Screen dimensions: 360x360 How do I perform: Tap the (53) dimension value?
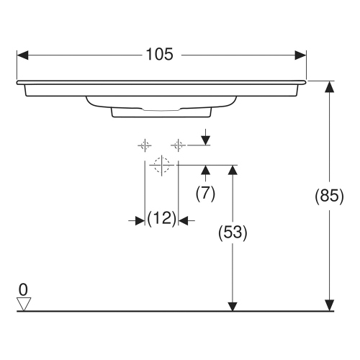click(x=233, y=233)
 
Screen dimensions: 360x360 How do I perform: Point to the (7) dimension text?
click(x=206, y=194)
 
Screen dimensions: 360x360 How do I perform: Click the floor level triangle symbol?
click(x=24, y=304)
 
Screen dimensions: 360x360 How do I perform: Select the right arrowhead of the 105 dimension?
click(x=302, y=55)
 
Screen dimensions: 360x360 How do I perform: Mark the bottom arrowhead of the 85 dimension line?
click(x=329, y=306)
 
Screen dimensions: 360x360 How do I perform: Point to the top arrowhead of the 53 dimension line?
click(x=233, y=170)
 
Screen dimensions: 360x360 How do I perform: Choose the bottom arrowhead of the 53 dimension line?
click(x=233, y=306)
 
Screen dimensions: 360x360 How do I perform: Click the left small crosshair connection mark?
click(x=145, y=145)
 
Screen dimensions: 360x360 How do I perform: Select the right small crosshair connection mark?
click(x=178, y=145)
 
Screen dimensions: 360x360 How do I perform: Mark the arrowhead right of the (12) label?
click(x=183, y=220)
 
